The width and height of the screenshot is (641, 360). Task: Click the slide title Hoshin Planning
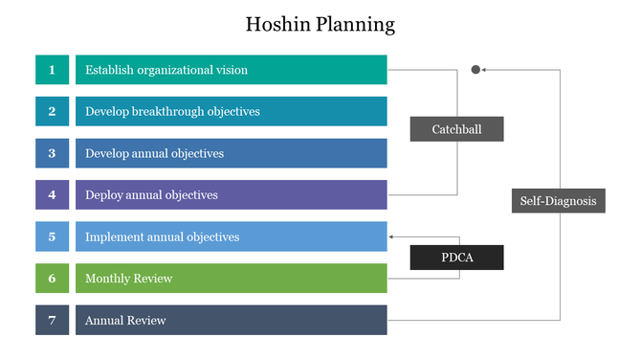(x=320, y=24)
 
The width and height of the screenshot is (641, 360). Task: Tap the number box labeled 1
(x=52, y=70)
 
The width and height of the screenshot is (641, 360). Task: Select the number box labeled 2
(x=52, y=111)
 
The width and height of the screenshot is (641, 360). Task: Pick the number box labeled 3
(x=52, y=153)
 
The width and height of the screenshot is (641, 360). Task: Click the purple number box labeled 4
(x=52, y=194)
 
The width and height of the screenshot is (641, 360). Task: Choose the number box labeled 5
(x=52, y=236)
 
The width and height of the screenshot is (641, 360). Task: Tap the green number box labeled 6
(x=52, y=278)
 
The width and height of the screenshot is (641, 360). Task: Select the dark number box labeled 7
(x=52, y=320)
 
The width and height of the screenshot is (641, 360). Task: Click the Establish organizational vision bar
(x=231, y=70)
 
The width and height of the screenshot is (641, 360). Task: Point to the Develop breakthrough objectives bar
(x=231, y=111)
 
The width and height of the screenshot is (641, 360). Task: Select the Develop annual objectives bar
(x=231, y=153)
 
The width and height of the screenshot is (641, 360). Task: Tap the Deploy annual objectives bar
(x=231, y=194)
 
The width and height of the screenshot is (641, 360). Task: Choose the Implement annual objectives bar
(x=231, y=236)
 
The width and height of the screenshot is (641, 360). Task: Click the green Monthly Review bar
(x=231, y=278)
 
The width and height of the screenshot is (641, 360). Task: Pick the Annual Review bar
(x=231, y=320)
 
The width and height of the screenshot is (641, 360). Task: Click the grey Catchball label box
(x=456, y=129)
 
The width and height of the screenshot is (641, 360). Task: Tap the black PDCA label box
(x=456, y=257)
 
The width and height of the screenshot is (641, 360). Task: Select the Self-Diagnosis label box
(x=558, y=200)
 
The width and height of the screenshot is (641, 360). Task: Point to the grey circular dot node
(x=475, y=70)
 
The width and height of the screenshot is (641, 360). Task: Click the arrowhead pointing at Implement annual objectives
(x=391, y=236)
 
